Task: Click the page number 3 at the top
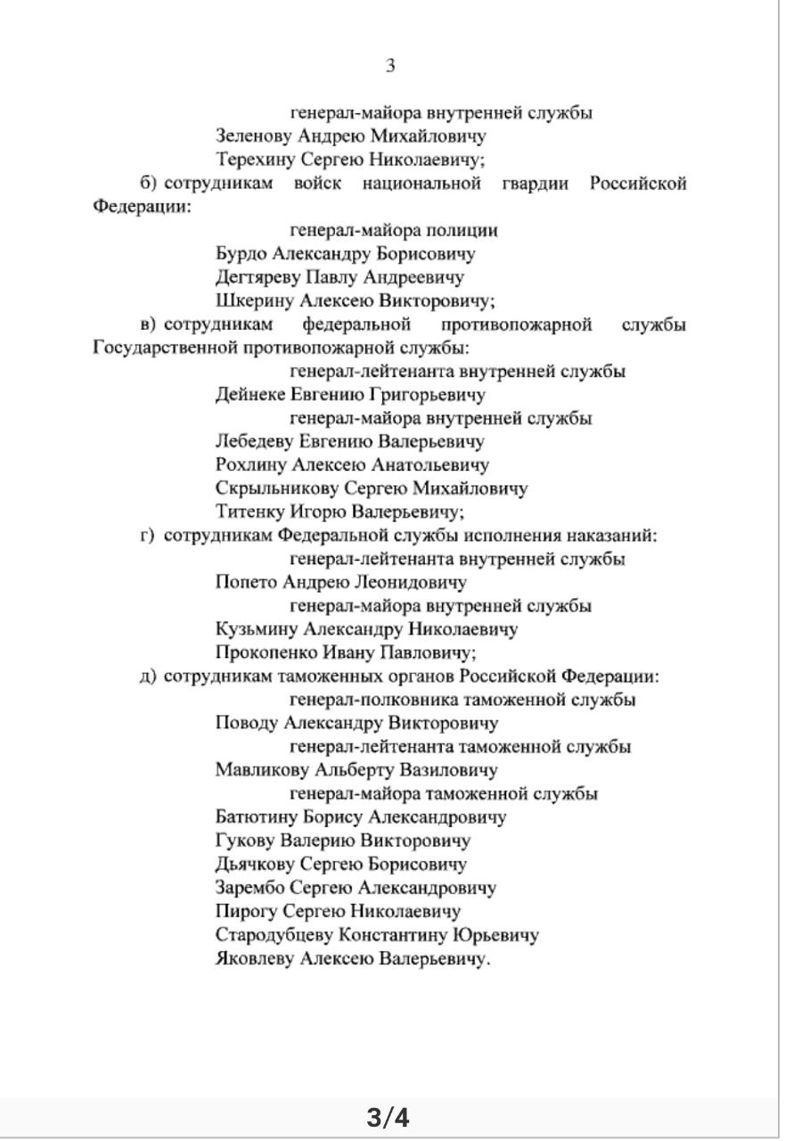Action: click(390, 66)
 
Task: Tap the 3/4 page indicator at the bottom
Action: click(389, 1117)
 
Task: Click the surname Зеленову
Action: click(253, 136)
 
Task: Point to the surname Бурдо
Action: click(240, 254)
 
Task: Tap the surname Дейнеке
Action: click(249, 395)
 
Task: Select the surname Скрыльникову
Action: click(266, 488)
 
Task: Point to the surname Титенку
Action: click(249, 512)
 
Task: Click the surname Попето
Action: click(245, 583)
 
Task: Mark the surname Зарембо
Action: click(248, 888)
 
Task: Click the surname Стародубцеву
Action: click(271, 935)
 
